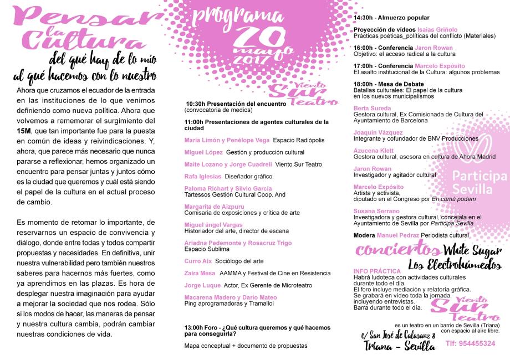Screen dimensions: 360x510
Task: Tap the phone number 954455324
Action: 470,343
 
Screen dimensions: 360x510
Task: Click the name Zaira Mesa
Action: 200,273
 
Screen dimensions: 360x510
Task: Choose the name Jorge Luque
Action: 201,286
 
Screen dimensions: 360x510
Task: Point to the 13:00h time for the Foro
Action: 195,327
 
